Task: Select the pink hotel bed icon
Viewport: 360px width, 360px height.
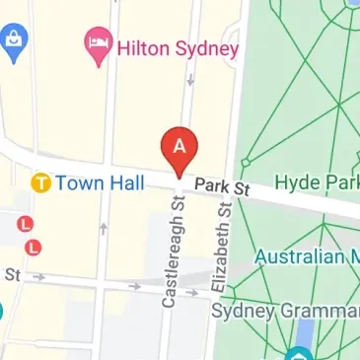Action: click(x=97, y=43)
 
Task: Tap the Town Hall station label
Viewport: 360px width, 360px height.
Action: click(x=100, y=182)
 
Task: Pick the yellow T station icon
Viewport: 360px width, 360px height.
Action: click(x=40, y=182)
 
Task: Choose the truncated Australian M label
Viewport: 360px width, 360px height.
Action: click(x=307, y=255)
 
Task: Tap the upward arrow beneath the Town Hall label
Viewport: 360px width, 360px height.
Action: click(x=104, y=229)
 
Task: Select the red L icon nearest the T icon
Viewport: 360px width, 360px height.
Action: click(x=23, y=224)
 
